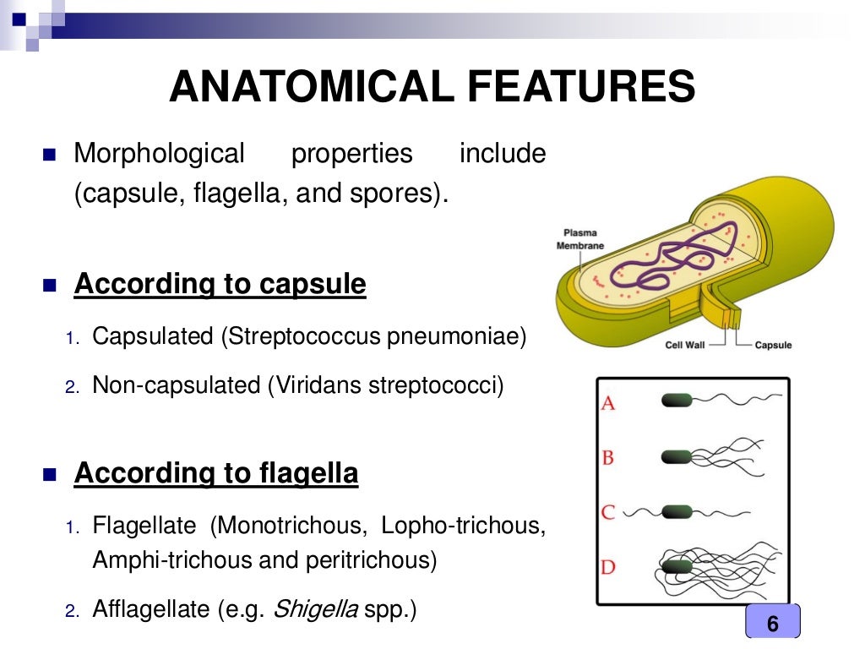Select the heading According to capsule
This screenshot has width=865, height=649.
tap(220, 285)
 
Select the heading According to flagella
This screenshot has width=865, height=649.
tap(216, 473)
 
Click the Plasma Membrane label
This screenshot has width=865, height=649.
tap(580, 239)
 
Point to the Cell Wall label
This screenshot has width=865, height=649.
tap(685, 345)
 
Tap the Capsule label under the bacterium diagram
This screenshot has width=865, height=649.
tap(773, 345)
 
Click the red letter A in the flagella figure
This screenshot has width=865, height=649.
tap(608, 403)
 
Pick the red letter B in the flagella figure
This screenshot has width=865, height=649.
tap(608, 458)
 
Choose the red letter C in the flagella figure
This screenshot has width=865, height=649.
tap(608, 512)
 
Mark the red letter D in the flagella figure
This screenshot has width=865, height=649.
tap(608, 566)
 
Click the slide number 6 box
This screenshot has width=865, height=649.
tap(772, 624)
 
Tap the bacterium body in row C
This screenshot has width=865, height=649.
tap(676, 512)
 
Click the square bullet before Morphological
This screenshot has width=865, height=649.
tap(47, 155)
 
